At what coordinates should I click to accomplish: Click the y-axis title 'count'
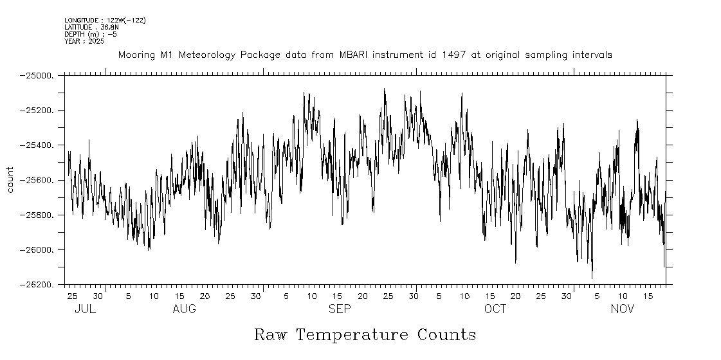coord(10,179)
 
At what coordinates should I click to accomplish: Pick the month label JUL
coord(85,309)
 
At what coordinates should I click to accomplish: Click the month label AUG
coord(184,309)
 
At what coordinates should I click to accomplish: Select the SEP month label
coord(340,309)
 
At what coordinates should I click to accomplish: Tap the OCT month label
coord(495,309)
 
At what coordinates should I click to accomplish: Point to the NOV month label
coord(622,309)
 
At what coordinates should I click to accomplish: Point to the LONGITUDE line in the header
coord(105,21)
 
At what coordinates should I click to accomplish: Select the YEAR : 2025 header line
coord(85,41)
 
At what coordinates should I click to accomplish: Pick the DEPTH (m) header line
coord(91,34)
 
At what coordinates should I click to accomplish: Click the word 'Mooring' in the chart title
coord(136,55)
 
